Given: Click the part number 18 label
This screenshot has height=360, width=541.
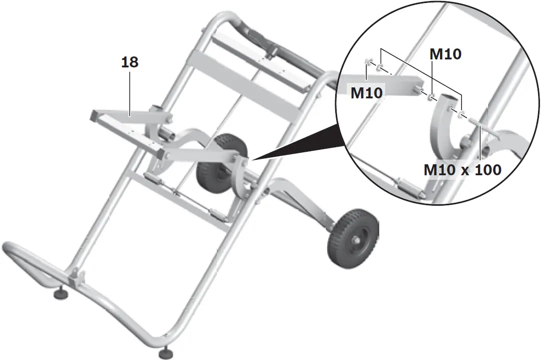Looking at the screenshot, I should coord(129,63).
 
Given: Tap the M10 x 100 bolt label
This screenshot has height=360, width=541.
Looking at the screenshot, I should coord(462,169).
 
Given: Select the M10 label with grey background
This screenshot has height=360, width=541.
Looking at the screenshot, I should coord(367,92).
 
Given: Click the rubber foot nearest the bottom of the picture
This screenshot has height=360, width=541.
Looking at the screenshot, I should coord(165,354).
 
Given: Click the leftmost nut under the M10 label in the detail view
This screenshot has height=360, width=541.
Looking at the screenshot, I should coord(368,62).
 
